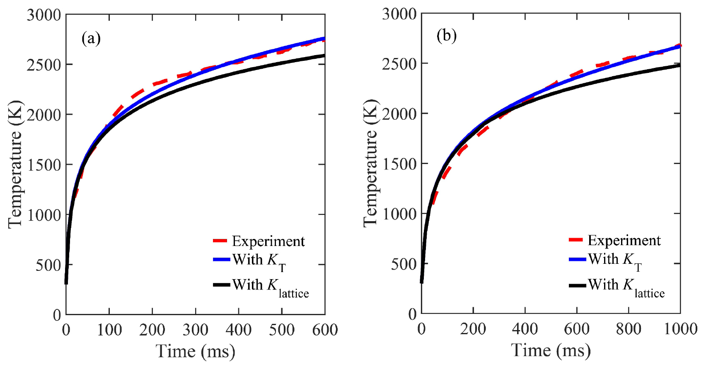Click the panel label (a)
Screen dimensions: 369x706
(91, 39)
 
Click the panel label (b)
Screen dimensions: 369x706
(446, 36)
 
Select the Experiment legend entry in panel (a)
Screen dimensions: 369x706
(268, 241)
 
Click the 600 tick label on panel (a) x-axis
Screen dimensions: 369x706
(324, 330)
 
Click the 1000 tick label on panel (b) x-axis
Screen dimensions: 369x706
(680, 329)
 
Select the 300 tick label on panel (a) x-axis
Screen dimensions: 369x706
(195, 330)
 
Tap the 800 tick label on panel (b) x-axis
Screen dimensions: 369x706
(628, 329)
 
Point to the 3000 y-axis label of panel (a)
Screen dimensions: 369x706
(44, 15)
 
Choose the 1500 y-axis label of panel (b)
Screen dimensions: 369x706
(399, 164)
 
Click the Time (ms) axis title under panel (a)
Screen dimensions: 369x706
(195, 352)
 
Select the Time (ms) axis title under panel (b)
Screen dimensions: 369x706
(551, 351)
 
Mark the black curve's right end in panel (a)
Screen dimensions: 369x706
(324, 55)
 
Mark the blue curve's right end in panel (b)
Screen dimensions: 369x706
(679, 46)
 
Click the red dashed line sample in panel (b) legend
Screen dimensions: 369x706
(576, 239)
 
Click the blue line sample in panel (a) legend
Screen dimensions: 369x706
(221, 260)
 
